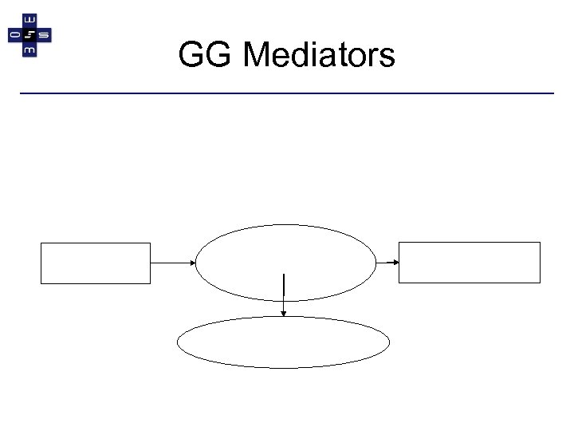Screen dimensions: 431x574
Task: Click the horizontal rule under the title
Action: coord(287,94)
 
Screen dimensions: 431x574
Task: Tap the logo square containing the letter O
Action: coord(15,36)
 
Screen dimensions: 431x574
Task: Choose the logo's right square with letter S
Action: coord(45,36)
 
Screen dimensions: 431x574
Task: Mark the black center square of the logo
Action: coord(30,36)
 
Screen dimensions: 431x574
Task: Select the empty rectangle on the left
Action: coord(96,263)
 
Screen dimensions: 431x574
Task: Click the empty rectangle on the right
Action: coord(470,263)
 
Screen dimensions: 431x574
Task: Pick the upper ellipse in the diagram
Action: coord(285,262)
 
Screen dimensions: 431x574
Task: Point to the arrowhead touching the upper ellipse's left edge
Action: coord(192,263)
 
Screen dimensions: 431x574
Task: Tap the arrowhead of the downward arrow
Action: coord(284,316)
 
